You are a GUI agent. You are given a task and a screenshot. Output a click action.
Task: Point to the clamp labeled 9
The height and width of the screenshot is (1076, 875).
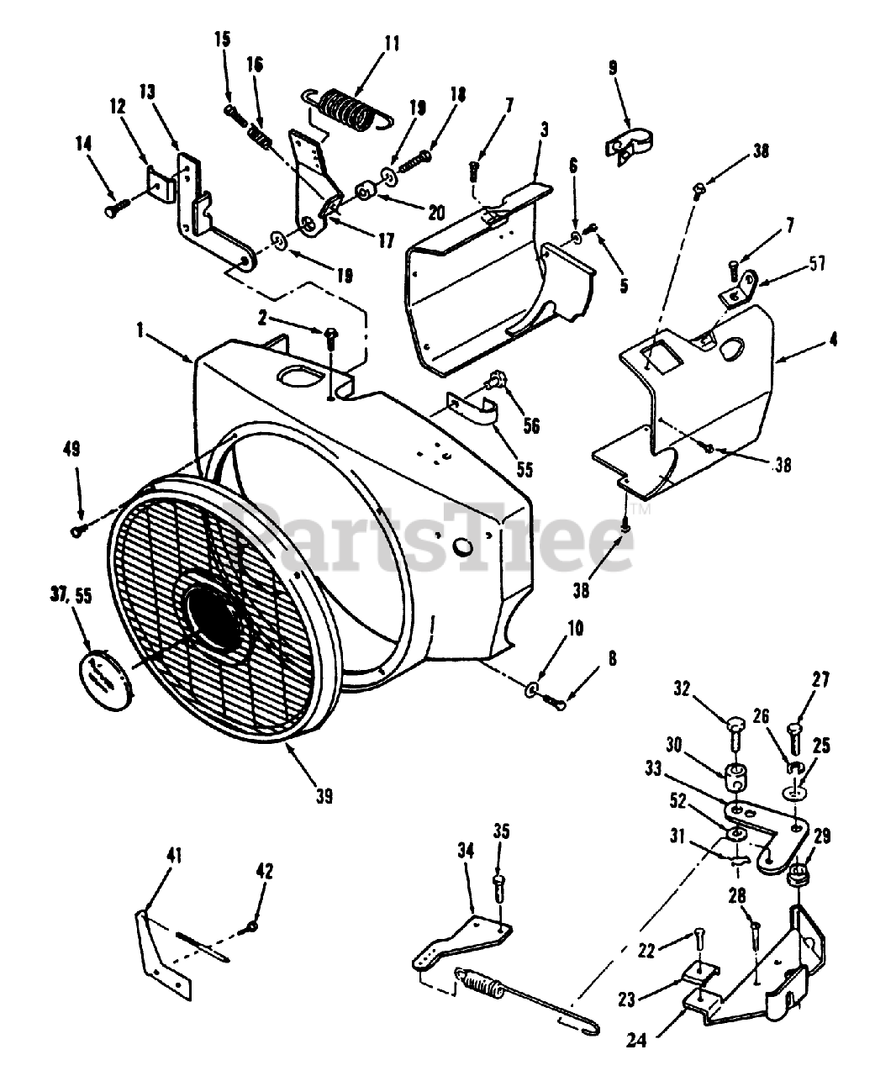(x=631, y=142)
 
